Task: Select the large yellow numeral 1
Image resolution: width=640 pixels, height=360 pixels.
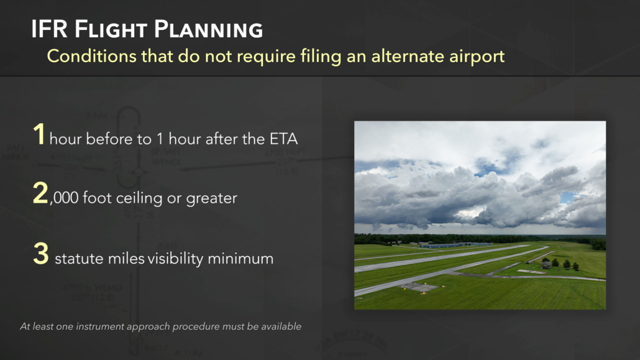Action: click(x=39, y=136)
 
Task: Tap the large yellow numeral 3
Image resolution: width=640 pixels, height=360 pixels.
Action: click(x=40, y=255)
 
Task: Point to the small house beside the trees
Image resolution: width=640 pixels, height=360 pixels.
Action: click(x=546, y=264)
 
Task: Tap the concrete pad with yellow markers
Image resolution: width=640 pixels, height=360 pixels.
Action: click(x=420, y=287)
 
